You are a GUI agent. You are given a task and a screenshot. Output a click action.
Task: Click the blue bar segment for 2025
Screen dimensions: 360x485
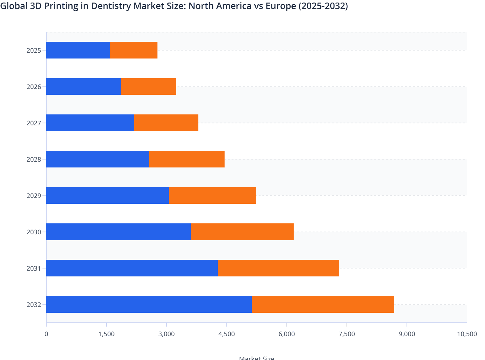pyautogui.click(x=78, y=50)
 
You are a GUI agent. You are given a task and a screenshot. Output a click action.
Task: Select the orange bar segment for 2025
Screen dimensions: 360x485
pyautogui.click(x=134, y=50)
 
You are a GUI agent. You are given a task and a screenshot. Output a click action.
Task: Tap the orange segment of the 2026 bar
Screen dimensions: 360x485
pyautogui.click(x=149, y=86)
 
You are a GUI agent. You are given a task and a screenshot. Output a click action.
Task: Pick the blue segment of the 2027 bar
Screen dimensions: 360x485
pyautogui.click(x=90, y=123)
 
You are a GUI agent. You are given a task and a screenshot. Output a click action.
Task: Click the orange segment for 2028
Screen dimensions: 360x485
pyautogui.click(x=187, y=159)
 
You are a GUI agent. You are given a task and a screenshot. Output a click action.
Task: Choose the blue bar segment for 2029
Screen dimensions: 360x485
pyautogui.click(x=107, y=195)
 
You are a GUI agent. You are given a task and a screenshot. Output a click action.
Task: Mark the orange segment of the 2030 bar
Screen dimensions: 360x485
pyautogui.click(x=242, y=232)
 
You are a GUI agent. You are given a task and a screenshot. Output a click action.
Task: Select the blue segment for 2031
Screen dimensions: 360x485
pyautogui.click(x=132, y=268)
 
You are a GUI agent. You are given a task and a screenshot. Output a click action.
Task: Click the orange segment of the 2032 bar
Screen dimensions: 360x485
pyautogui.click(x=323, y=304)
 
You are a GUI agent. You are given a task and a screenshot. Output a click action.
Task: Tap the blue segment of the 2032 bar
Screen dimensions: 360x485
pyautogui.click(x=149, y=304)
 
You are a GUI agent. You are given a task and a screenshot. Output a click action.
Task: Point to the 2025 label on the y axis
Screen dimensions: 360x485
pyautogui.click(x=34, y=50)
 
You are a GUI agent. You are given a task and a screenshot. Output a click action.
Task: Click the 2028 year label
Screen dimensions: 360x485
pyautogui.click(x=34, y=159)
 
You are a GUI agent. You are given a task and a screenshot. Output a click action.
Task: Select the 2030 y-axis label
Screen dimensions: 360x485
pyautogui.click(x=34, y=232)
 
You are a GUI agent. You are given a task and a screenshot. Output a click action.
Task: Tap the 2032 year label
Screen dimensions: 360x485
pyautogui.click(x=34, y=305)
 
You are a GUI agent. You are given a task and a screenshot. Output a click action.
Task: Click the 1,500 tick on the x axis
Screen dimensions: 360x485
pyautogui.click(x=106, y=334)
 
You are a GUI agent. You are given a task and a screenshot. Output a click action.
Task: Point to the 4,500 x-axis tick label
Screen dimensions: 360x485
pyautogui.click(x=226, y=334)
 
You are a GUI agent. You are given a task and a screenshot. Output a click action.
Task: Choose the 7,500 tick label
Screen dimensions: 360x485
pyautogui.click(x=347, y=334)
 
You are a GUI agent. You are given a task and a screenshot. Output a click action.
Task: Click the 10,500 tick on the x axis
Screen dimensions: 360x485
pyautogui.click(x=467, y=334)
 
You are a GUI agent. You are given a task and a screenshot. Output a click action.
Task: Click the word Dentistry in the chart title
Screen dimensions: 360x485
pyautogui.click(x=111, y=6)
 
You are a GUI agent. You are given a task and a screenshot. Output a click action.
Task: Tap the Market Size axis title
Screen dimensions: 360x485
pyautogui.click(x=256, y=358)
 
